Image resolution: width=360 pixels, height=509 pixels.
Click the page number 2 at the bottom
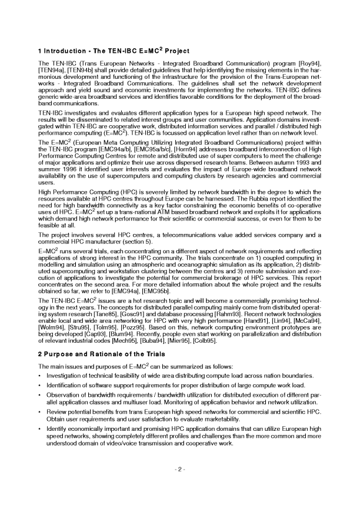(x=180, y=469)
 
